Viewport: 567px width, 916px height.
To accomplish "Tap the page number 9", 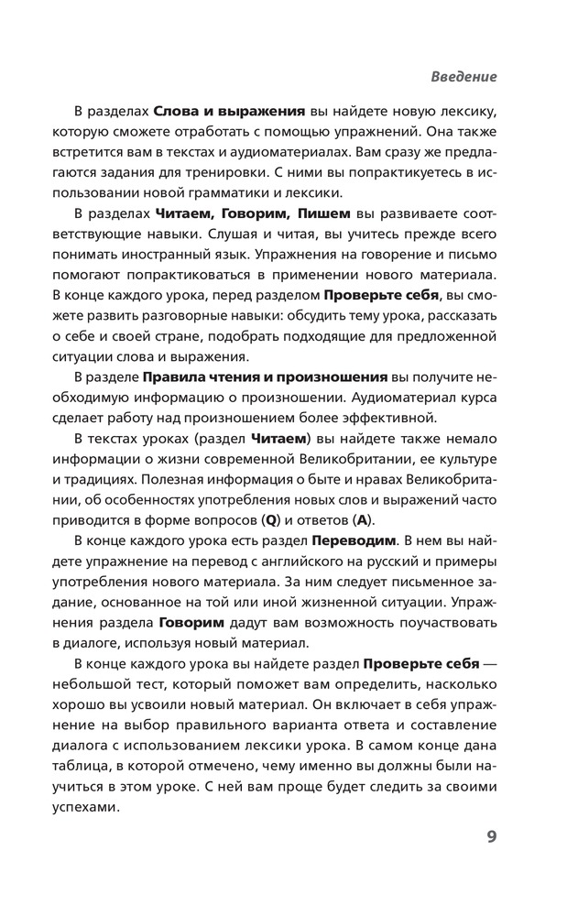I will coord(491,836).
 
